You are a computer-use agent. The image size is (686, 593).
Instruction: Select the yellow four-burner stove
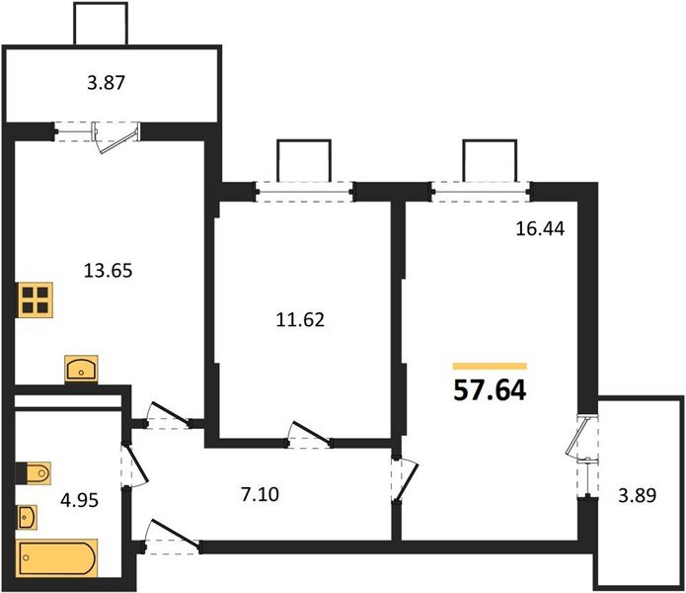coord(37,299)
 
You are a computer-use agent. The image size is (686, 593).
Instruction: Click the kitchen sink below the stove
coord(80,369)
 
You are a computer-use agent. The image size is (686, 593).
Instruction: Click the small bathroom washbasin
coord(28,516)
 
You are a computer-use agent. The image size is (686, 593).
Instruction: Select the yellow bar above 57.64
coord(490,366)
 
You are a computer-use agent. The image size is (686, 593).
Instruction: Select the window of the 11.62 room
coord(303,191)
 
